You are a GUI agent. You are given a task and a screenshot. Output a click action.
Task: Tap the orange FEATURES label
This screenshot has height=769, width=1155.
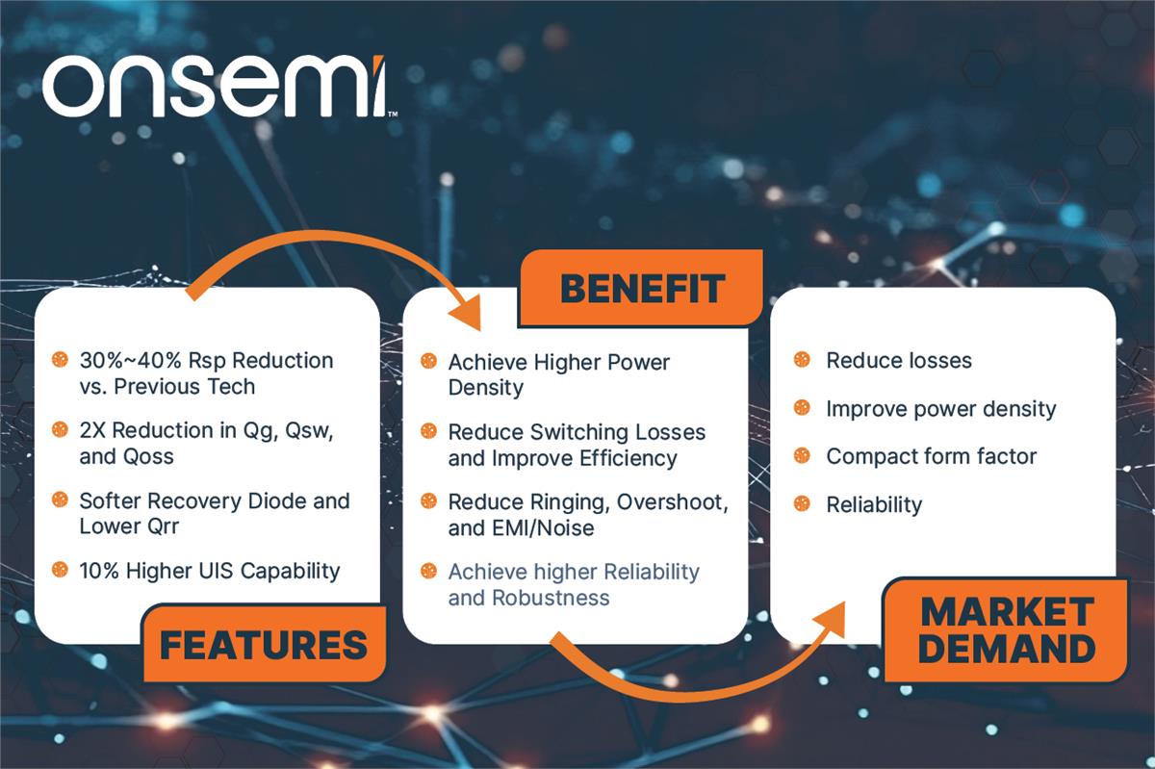click(x=263, y=644)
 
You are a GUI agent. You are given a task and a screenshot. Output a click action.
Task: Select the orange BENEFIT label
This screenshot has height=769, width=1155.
click(x=641, y=288)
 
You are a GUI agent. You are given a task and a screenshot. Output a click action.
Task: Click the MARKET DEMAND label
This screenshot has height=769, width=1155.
click(x=1006, y=629)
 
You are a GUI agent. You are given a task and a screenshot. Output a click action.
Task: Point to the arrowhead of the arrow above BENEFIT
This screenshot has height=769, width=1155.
click(x=470, y=317)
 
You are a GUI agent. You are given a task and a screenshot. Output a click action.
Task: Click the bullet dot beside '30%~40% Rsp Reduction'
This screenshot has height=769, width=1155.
click(x=60, y=360)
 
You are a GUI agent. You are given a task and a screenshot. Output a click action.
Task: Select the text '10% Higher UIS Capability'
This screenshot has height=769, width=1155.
click(x=209, y=571)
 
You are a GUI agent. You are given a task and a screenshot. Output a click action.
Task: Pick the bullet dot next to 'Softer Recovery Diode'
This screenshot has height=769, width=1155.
click(x=60, y=500)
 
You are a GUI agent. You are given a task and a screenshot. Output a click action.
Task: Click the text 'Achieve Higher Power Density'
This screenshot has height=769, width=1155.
click(x=558, y=374)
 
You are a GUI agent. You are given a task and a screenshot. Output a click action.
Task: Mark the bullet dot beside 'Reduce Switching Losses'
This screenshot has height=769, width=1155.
click(x=428, y=432)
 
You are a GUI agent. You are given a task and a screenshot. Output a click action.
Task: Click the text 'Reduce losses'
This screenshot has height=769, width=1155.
click(x=899, y=361)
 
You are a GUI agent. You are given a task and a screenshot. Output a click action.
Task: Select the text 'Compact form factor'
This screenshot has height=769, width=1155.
click(x=931, y=456)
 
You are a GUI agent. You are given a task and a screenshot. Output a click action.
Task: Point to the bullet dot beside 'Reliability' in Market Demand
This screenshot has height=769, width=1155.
click(x=801, y=503)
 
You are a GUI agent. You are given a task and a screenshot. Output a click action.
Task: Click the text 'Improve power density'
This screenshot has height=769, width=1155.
click(x=940, y=408)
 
